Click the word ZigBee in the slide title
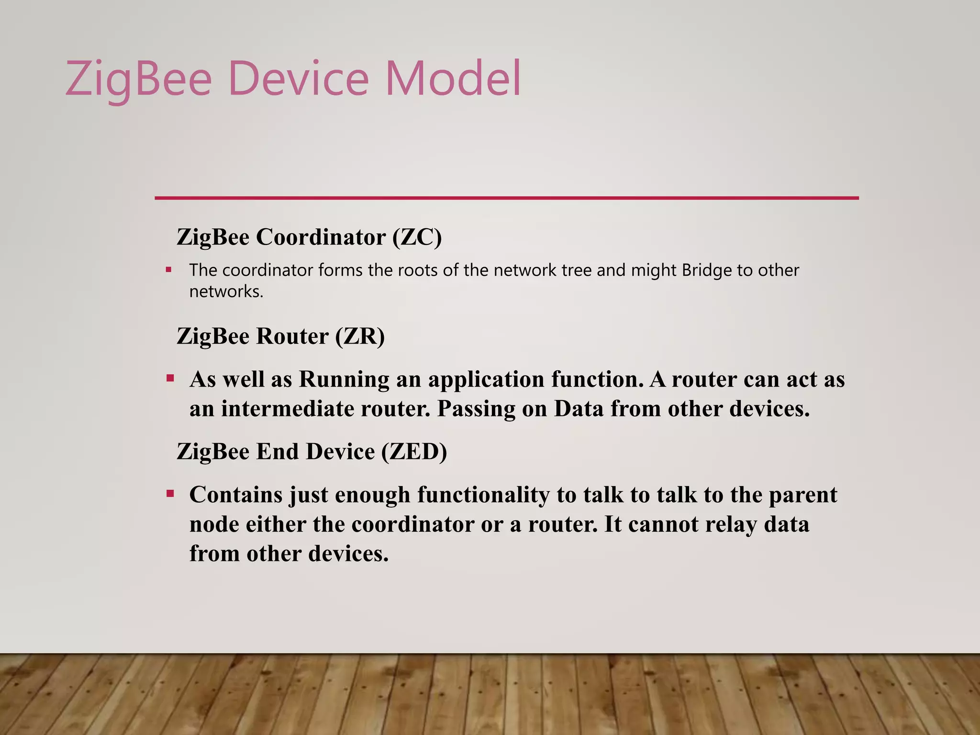138,79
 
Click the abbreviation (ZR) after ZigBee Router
360,336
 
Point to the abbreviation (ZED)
414,451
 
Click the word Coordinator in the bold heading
321,237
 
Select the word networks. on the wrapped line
226,291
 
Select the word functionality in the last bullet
483,495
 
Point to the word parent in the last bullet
803,495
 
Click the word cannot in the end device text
663,524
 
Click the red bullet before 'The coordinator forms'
168,270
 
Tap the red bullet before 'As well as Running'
170,379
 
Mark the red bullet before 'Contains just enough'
170,494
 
